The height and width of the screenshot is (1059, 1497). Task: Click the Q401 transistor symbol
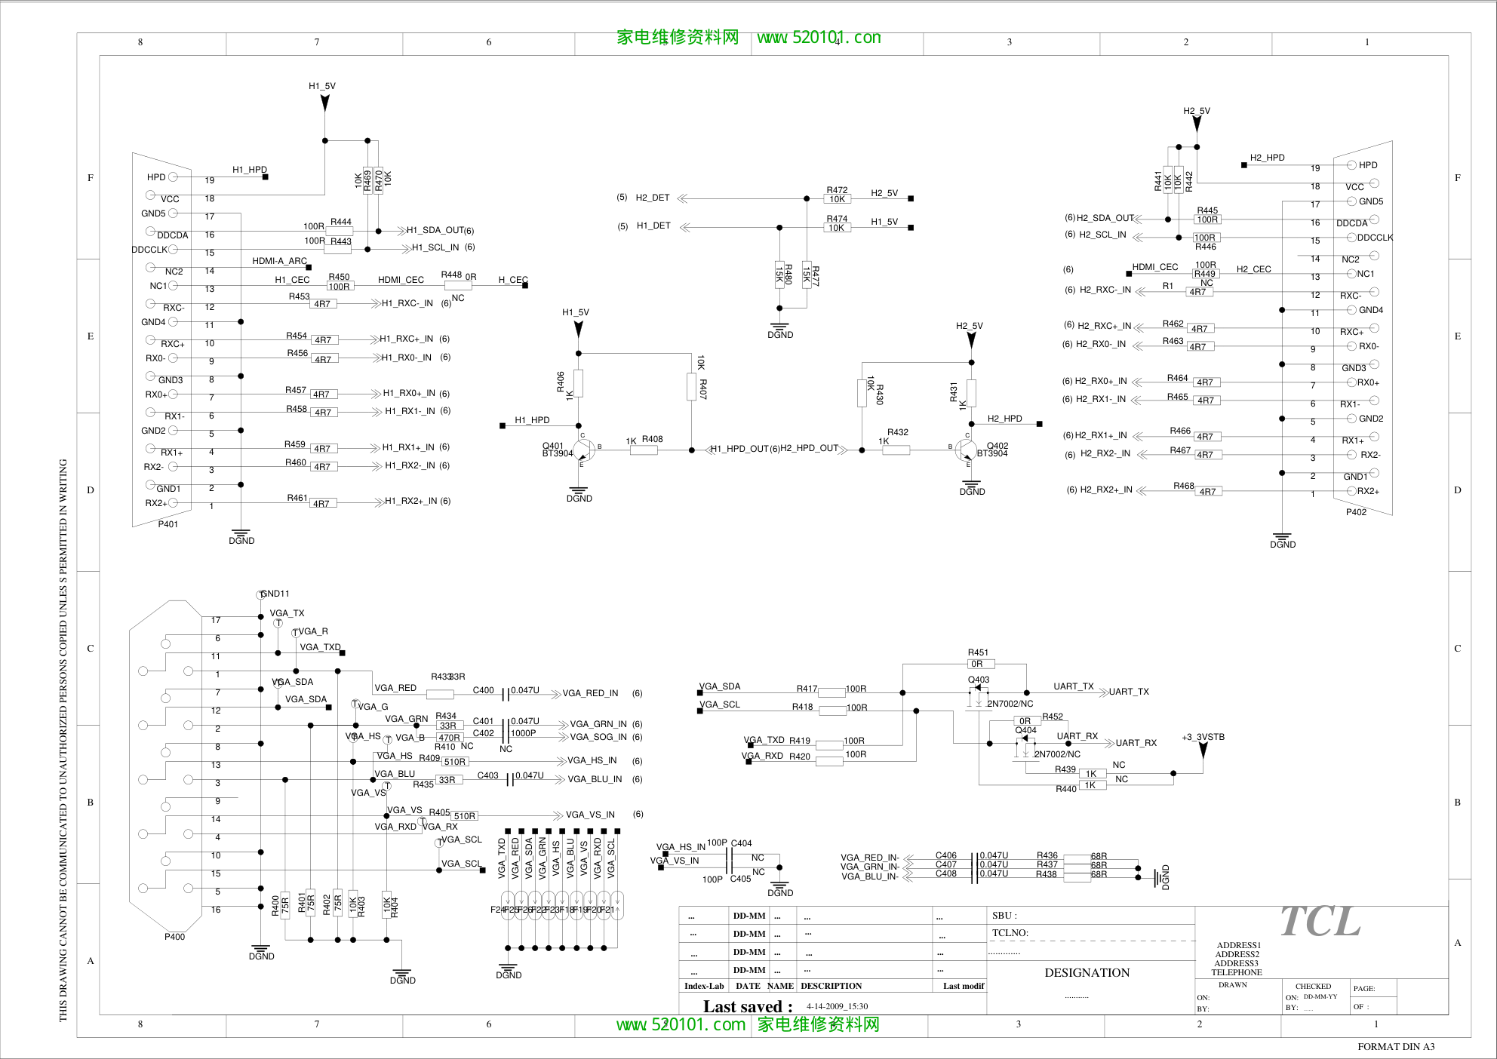pos(583,450)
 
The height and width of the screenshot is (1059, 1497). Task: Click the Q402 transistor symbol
pos(967,450)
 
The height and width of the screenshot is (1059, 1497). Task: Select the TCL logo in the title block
pos(1320,922)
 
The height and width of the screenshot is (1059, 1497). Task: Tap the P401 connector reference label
pos(168,524)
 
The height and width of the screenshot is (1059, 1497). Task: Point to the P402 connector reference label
pos(1356,512)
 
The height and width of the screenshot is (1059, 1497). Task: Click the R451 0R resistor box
pos(980,664)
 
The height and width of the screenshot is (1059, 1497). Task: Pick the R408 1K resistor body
pos(644,450)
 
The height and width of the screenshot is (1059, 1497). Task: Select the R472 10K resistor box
pos(838,199)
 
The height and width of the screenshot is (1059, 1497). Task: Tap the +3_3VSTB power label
pos(1203,737)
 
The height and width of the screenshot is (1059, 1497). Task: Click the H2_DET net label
pos(652,198)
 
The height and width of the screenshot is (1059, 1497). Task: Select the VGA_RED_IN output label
pos(590,693)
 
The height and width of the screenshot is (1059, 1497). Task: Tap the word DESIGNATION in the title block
pos(1087,973)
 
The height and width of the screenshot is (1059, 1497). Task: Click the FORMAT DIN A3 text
pos(1396,1046)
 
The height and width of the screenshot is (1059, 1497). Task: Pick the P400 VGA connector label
pos(174,937)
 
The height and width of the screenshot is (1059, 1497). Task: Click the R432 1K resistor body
pos(896,450)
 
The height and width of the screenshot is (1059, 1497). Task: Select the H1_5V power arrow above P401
pos(325,103)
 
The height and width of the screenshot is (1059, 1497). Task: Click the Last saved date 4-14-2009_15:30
pos(837,1006)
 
